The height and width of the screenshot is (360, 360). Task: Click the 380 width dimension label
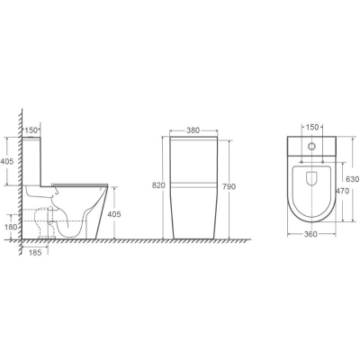tap(193, 130)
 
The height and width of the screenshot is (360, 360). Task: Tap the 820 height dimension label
tap(158, 185)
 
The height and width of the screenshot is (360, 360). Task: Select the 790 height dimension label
tap(229, 186)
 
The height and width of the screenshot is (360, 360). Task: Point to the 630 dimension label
tap(352, 179)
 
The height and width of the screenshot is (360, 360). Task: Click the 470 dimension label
tap(343, 191)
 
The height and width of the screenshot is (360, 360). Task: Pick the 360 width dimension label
tap(310, 234)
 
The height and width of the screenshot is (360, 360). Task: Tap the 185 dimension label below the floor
tap(34, 252)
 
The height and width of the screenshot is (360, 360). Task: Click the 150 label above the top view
tap(312, 127)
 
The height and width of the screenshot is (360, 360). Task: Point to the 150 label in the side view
tap(31, 130)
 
